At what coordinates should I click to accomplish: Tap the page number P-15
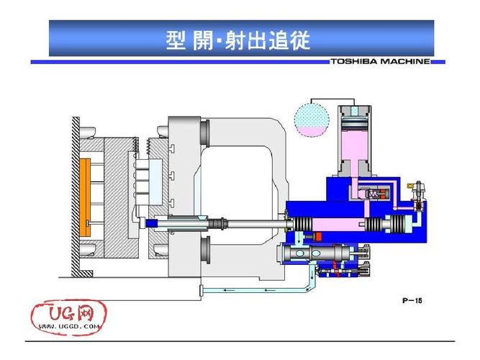(x=411, y=300)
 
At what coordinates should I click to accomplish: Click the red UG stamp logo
(x=65, y=313)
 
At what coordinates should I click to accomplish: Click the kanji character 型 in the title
(x=176, y=40)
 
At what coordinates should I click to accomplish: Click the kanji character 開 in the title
(x=203, y=40)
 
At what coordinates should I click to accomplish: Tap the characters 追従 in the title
(x=291, y=40)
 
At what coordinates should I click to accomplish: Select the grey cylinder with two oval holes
(x=317, y=255)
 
